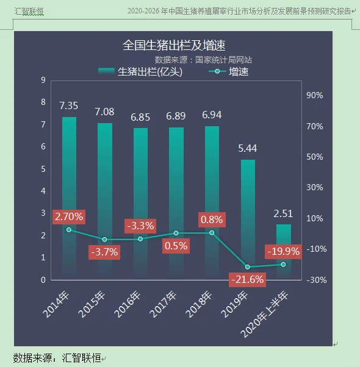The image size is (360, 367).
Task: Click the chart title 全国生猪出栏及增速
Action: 174,46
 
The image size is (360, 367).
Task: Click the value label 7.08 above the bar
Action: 104,112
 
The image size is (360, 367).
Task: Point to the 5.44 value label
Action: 248,148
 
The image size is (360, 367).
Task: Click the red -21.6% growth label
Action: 247,280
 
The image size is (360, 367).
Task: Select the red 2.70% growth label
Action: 69,216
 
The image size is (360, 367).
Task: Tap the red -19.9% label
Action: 284,251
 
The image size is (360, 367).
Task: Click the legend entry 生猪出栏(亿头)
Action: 141,72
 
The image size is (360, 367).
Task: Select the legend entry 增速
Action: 229,72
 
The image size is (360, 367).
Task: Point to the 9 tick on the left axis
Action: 43,80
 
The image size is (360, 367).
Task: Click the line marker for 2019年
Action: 248,267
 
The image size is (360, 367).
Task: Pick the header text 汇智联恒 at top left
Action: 29,10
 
